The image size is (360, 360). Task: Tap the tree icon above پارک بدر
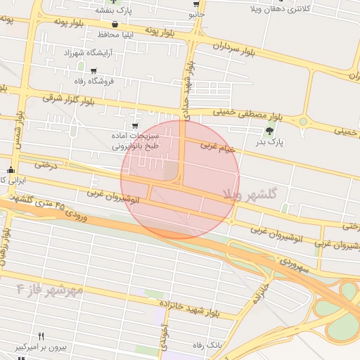(270, 131)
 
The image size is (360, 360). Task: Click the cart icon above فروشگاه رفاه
(93, 71)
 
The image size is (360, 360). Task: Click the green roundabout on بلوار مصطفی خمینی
(303, 122)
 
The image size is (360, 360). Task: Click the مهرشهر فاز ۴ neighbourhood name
(51, 288)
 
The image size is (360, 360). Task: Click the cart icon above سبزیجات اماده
(135, 127)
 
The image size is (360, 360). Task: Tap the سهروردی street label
(294, 265)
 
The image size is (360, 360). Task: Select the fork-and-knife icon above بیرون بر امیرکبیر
(41, 336)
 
